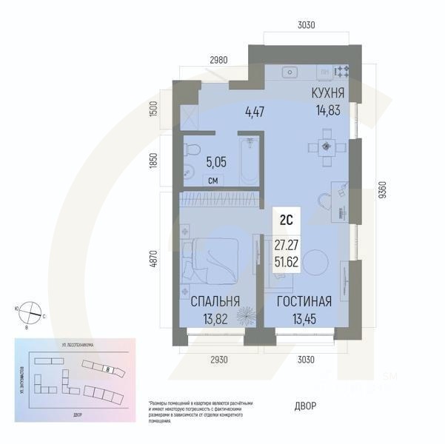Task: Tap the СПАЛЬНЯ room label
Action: (215, 301)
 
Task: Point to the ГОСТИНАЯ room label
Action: (304, 301)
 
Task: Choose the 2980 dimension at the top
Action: (218, 59)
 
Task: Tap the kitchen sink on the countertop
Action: (290, 72)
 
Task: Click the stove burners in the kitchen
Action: (343, 72)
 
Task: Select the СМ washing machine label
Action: (213, 181)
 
